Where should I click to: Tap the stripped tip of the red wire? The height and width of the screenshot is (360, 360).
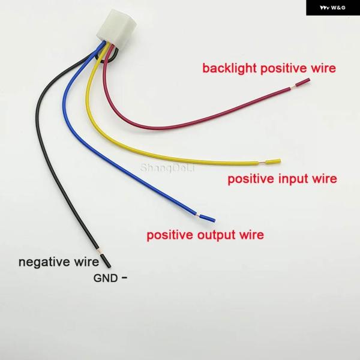[x=302, y=82]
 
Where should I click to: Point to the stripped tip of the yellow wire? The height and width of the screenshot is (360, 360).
[x=273, y=161]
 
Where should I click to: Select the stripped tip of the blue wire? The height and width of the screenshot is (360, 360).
[x=208, y=218]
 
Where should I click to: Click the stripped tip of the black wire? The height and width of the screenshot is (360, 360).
[x=106, y=260]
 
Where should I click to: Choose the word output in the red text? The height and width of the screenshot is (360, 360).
[x=216, y=235]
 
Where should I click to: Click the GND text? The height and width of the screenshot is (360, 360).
[x=106, y=278]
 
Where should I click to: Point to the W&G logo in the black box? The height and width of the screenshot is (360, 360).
[x=332, y=8]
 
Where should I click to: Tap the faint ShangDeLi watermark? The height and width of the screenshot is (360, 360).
[x=167, y=168]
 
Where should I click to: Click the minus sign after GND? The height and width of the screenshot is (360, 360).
[x=124, y=277]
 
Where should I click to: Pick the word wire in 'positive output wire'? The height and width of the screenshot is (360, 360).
[x=251, y=235]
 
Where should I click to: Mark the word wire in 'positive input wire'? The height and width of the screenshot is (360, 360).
[x=325, y=179]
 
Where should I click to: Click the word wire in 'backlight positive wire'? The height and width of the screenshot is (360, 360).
[x=323, y=68]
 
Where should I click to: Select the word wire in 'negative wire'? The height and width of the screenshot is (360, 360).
[x=86, y=262]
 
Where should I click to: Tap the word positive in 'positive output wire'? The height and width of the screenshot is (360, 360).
[x=170, y=235]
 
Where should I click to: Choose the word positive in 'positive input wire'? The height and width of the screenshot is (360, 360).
[x=251, y=179]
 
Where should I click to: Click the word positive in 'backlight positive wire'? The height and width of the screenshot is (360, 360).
[x=284, y=68]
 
